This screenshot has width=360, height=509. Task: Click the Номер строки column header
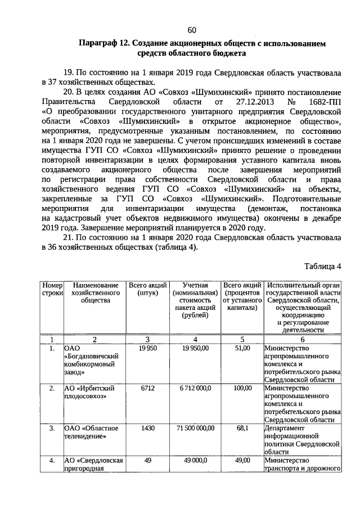tap(52, 290)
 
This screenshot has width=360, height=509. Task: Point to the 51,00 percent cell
tap(242, 349)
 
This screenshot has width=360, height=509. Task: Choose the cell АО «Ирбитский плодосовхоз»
tap(90, 392)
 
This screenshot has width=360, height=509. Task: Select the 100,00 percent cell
tap(242, 388)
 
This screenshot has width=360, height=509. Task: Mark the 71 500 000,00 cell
tap(195, 428)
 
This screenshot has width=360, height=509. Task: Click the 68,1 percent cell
tap(242, 428)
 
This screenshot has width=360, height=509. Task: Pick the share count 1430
tap(148, 428)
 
